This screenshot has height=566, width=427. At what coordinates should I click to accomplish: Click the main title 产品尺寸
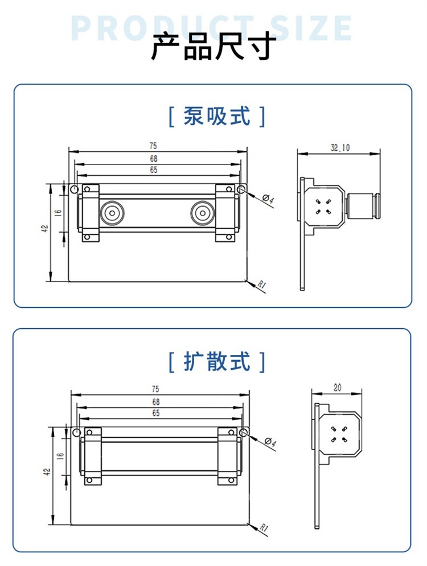(213, 47)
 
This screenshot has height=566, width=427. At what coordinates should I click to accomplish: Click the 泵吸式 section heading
(217, 117)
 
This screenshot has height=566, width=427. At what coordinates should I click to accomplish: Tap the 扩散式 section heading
(217, 361)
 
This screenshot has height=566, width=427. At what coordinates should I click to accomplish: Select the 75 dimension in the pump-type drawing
(153, 146)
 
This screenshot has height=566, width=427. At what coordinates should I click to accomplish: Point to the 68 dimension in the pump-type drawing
(153, 159)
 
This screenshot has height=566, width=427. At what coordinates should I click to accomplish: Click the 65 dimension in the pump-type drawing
(153, 170)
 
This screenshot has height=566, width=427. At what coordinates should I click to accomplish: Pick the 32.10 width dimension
(340, 148)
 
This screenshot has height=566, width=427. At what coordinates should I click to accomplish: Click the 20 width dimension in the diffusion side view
(337, 388)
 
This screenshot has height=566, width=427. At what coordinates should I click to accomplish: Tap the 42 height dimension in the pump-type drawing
(45, 228)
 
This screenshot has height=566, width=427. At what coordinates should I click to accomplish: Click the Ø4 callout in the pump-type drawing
(269, 200)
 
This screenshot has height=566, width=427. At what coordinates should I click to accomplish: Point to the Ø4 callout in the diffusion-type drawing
(270, 442)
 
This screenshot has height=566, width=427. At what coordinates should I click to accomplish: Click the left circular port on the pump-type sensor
(111, 214)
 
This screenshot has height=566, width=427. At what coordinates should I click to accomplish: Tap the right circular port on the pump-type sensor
(202, 214)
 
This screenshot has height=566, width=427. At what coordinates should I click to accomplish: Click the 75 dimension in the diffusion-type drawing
(155, 389)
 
